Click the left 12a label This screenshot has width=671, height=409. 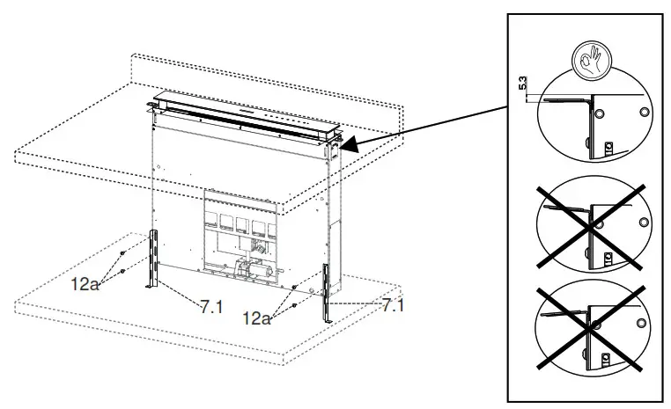click(86, 285)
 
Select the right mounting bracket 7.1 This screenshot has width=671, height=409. click(329, 292)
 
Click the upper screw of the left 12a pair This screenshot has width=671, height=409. click(123, 254)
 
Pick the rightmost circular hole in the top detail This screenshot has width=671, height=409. click(645, 112)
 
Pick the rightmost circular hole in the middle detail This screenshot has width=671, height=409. click(644, 222)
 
